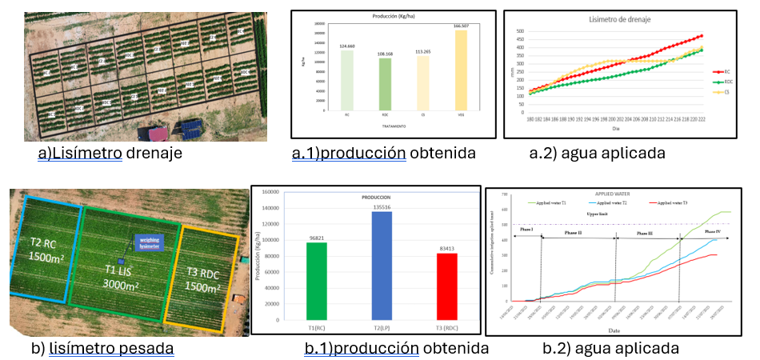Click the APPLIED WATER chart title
615,194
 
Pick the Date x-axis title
615,329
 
